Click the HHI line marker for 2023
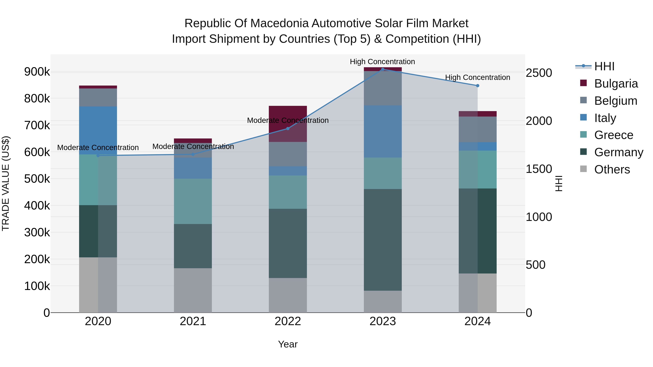[383, 69]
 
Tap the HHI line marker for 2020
[98, 155]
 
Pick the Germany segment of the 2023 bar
[383, 240]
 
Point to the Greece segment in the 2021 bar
[193, 201]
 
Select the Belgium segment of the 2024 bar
[478, 129]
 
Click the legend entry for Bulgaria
[616, 84]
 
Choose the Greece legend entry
[613, 135]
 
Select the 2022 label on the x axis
[288, 321]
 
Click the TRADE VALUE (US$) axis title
[6, 183]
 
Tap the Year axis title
[288, 344]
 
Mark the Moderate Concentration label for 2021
[193, 146]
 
